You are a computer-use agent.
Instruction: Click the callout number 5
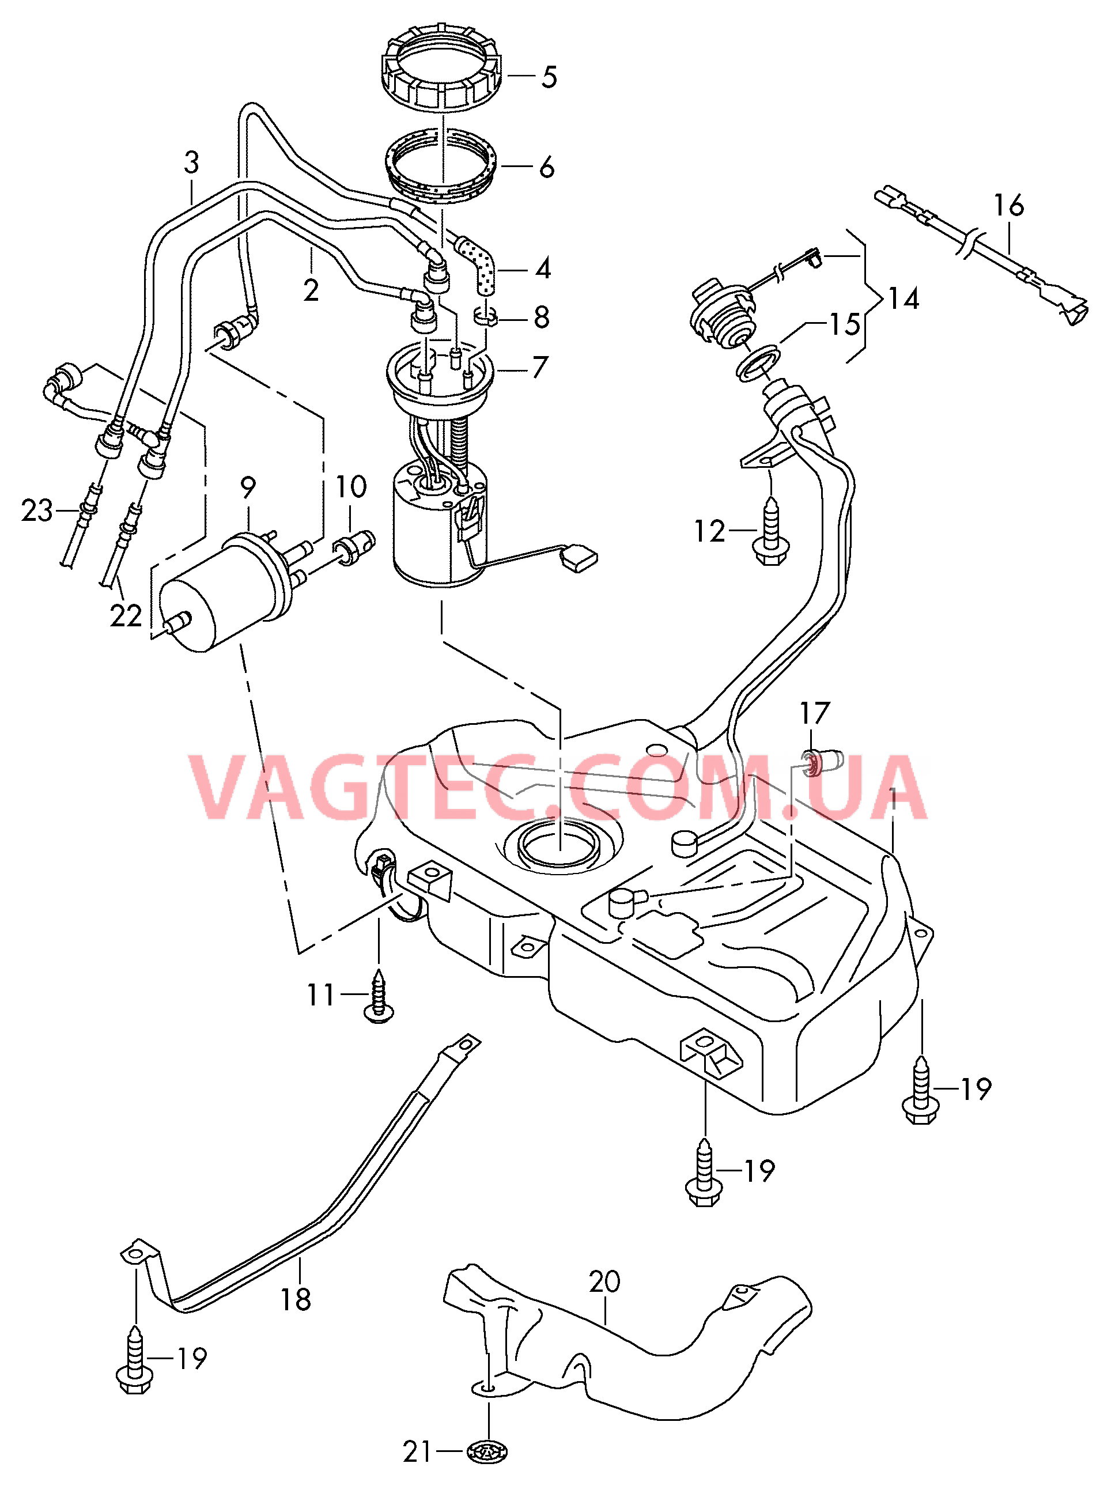point(549,77)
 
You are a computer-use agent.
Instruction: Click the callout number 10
point(351,487)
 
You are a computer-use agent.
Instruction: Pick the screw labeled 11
point(379,996)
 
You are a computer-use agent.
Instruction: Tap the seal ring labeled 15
point(758,362)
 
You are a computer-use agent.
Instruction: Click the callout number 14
point(903,298)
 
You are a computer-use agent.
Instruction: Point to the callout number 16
point(1008,206)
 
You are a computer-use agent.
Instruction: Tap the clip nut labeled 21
point(487,1451)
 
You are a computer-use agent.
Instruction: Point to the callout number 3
point(192,162)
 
